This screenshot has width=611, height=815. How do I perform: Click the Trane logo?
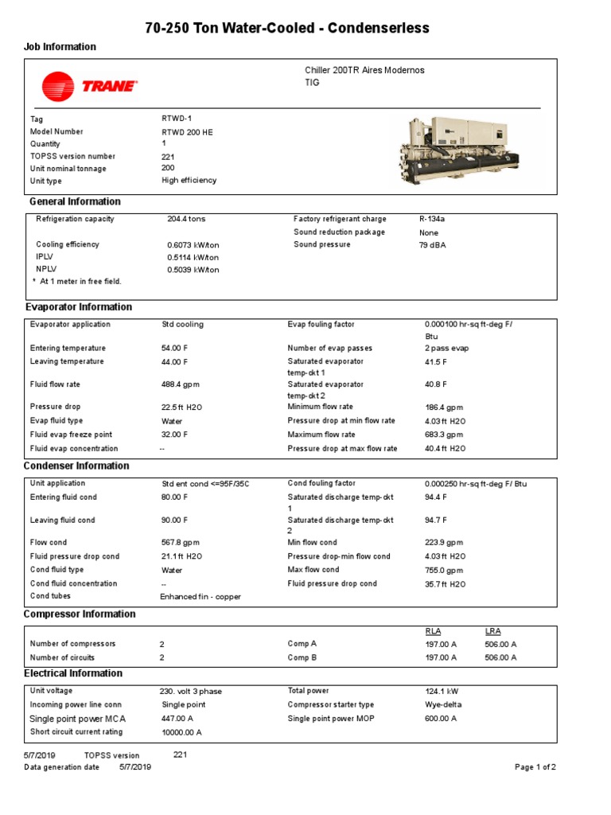click(x=89, y=86)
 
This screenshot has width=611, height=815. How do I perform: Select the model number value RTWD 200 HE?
click(x=187, y=132)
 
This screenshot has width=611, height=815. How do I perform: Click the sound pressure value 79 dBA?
click(x=433, y=245)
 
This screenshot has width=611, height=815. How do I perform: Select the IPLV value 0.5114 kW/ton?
click(x=193, y=258)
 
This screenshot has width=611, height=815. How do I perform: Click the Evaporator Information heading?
click(x=79, y=307)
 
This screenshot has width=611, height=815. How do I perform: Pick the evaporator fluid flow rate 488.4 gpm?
click(x=179, y=384)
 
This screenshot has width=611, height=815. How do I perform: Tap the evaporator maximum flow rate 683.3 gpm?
click(x=444, y=435)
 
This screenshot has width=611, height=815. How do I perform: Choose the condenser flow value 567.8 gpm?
click(x=179, y=543)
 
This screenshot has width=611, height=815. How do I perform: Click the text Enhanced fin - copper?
click(x=200, y=596)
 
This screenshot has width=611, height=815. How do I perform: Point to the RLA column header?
click(x=434, y=631)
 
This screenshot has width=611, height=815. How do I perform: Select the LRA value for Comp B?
click(x=500, y=657)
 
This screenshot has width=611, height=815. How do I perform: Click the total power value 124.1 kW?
click(x=442, y=692)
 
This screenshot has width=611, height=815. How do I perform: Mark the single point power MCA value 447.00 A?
click(x=180, y=719)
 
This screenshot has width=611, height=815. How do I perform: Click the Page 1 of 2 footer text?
click(x=535, y=767)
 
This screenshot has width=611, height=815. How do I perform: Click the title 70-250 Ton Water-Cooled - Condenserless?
click(x=286, y=29)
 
